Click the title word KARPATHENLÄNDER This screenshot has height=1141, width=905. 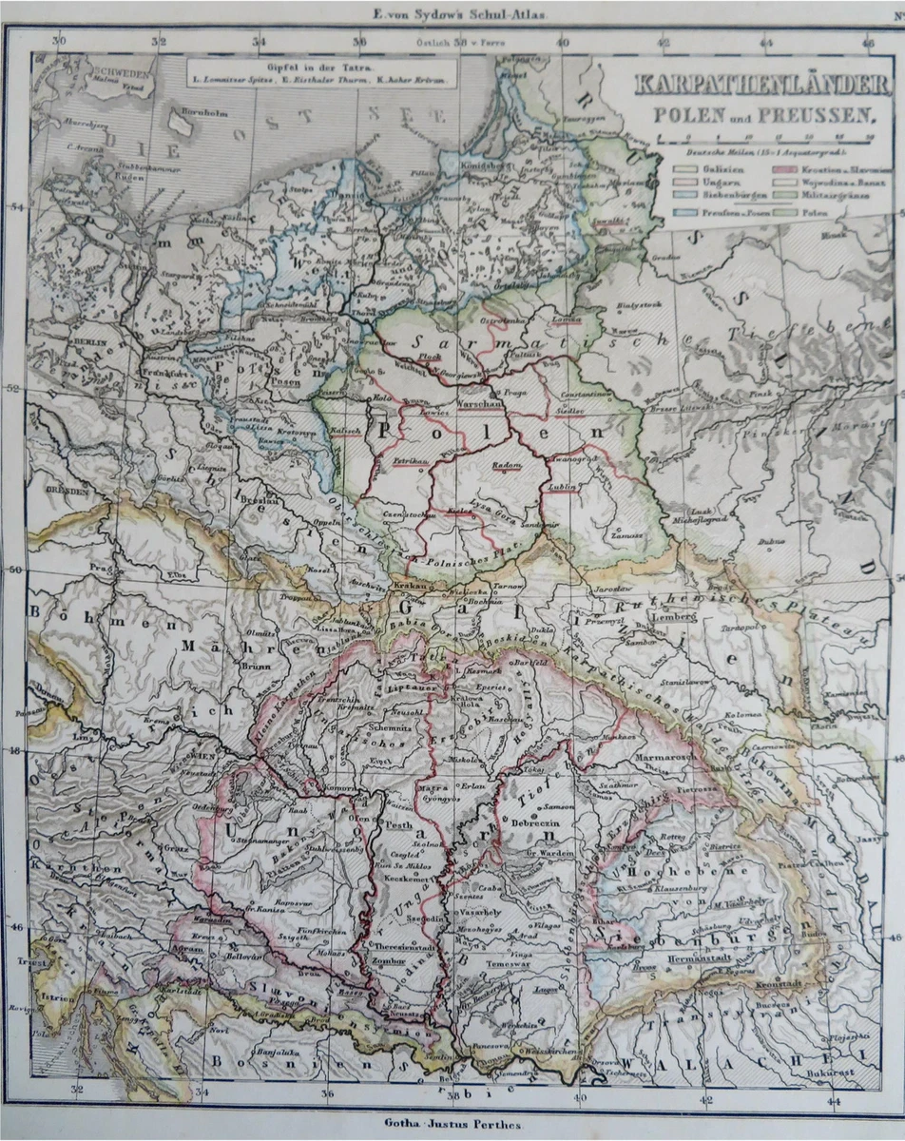click(765, 86)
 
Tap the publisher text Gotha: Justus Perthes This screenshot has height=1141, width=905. click(450, 1123)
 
